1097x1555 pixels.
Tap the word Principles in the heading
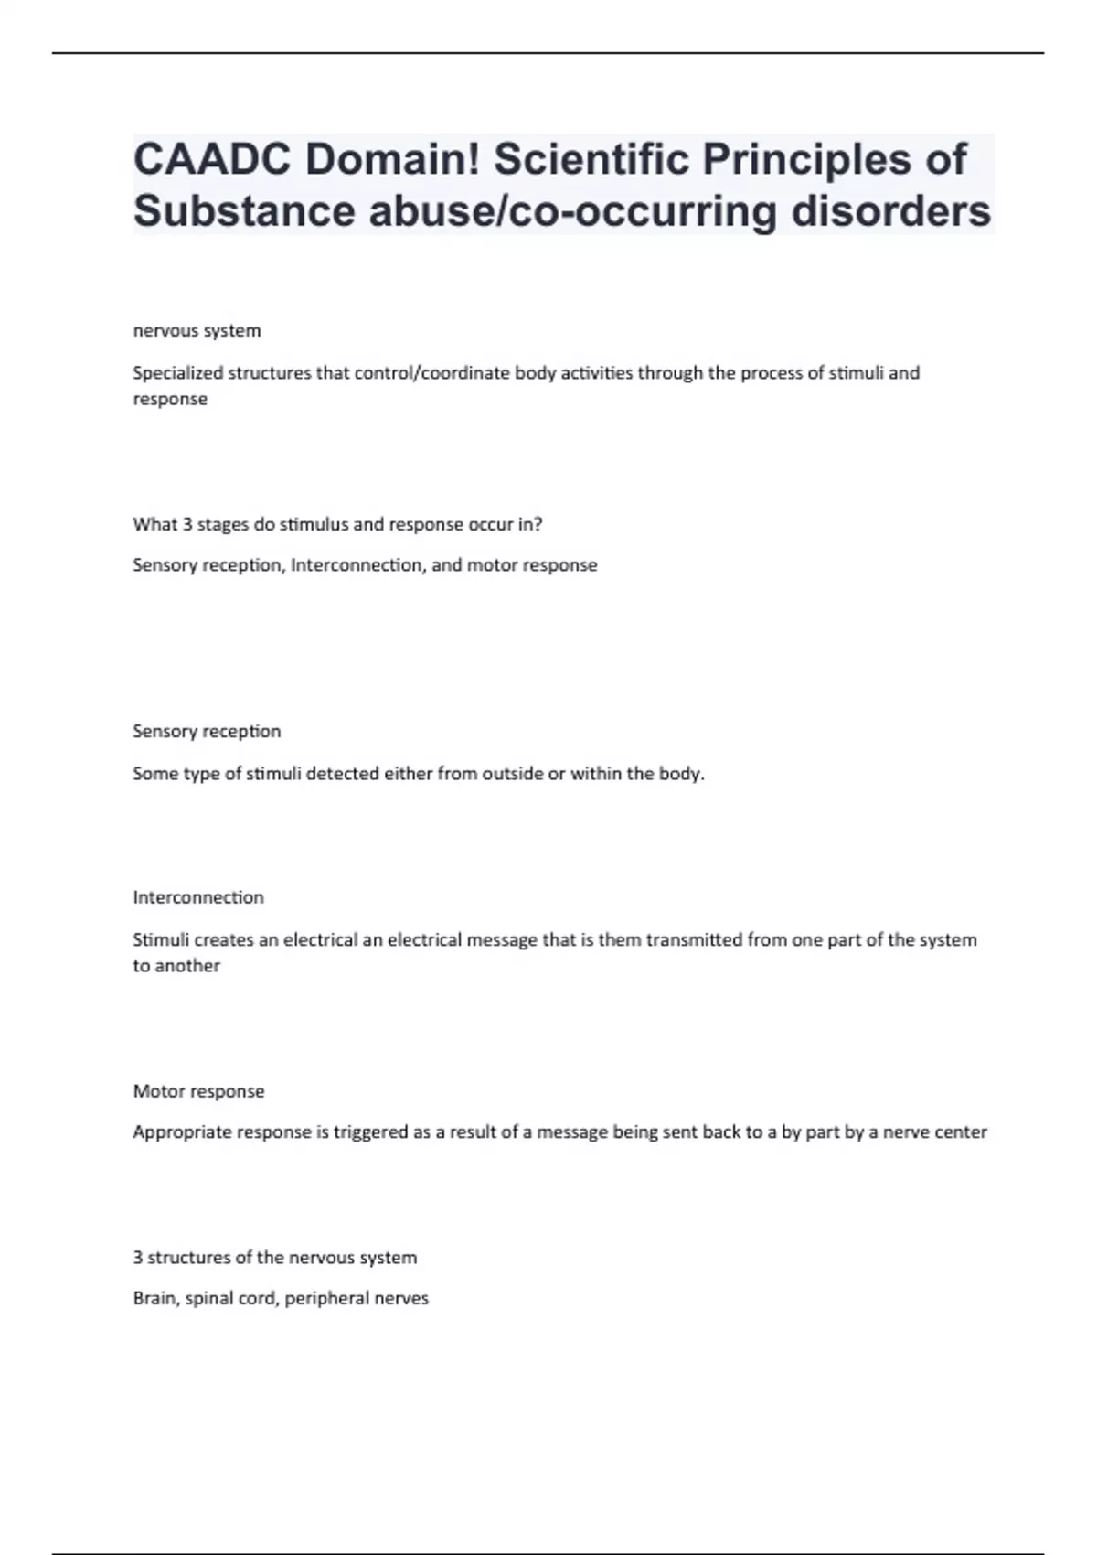(807, 160)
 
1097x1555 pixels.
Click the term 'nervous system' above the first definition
(197, 331)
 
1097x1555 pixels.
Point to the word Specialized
(177, 373)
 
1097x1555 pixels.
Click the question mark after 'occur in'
(538, 525)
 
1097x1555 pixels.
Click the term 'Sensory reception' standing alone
(207, 732)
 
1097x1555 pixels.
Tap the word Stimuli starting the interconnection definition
(161, 940)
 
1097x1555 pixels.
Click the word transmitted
(694, 940)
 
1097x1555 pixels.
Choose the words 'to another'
(176, 966)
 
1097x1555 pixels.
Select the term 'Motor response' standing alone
(198, 1091)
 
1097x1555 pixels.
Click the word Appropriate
(182, 1132)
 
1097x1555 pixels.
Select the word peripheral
(320, 1299)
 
